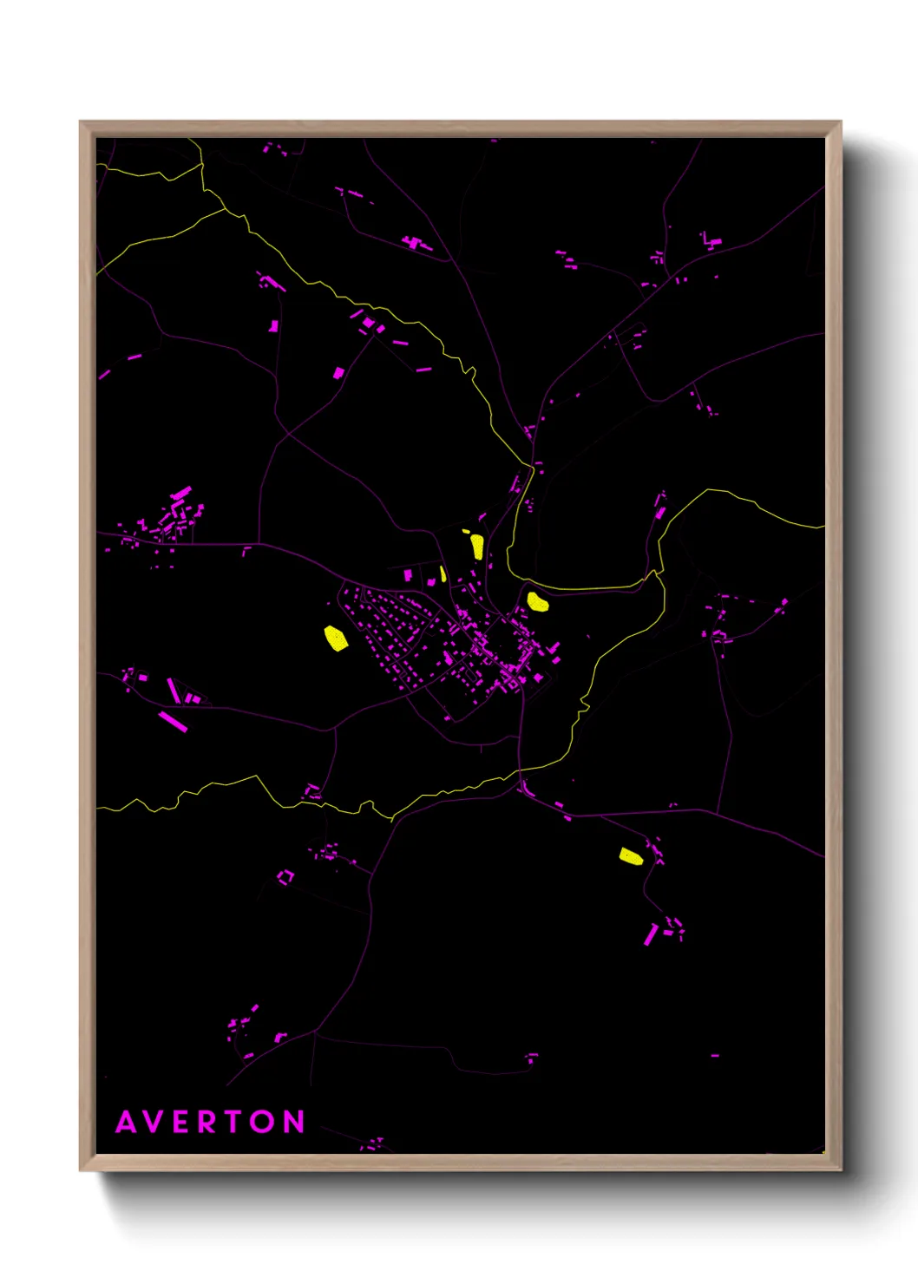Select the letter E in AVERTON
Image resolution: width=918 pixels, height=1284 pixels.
181,1123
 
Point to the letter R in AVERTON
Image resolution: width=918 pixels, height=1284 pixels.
207,1123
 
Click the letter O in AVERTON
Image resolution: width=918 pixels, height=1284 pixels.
265,1123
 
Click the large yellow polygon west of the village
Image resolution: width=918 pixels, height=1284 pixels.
335,639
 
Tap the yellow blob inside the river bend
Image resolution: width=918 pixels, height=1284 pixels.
537,601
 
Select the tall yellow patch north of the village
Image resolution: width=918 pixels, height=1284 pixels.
476,546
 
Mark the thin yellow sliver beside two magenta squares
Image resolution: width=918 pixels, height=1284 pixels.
443,573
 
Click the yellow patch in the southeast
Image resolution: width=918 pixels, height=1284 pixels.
631,857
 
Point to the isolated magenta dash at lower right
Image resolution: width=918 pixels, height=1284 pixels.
715,1056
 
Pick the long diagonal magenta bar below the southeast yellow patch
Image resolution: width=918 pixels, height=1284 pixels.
650,934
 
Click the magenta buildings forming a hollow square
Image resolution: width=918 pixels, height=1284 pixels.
285,877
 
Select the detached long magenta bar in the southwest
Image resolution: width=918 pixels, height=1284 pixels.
173,721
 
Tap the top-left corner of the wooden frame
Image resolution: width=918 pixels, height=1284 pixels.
81,122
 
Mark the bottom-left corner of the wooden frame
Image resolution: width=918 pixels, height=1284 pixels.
81,1169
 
